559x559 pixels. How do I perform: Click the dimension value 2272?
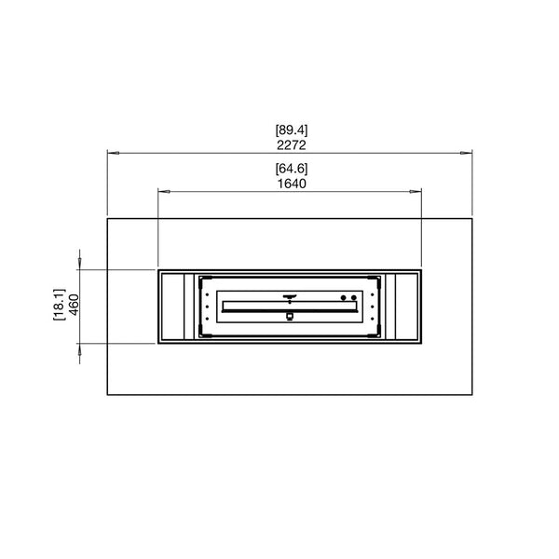[x=292, y=145]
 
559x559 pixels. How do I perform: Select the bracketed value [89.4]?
[x=292, y=130]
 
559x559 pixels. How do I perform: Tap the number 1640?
[x=292, y=184]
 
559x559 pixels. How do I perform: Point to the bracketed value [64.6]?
[x=292, y=169]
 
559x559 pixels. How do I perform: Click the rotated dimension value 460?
[x=74, y=305]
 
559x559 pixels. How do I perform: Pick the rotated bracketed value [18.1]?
[x=60, y=305]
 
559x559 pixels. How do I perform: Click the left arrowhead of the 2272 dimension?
[x=113, y=153]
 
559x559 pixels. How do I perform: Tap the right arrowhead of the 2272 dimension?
[x=467, y=153]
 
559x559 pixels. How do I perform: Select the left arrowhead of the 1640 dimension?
[x=164, y=191]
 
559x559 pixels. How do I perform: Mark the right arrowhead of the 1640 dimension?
[x=416, y=191]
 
